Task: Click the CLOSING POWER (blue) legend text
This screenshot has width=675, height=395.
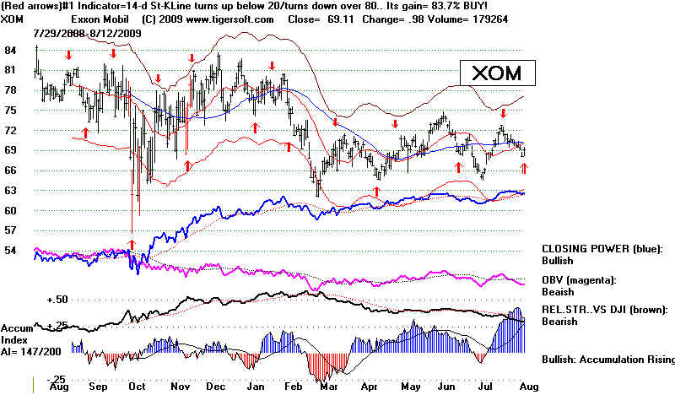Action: [x=602, y=249]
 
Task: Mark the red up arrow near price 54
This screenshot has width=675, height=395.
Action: [x=131, y=243]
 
